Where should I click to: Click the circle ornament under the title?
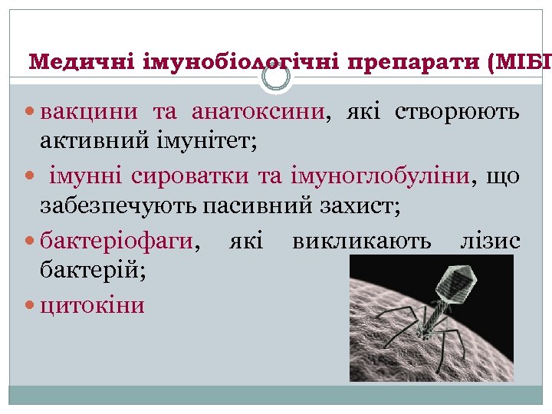tap(276, 77)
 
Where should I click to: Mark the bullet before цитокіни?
tap(31, 306)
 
